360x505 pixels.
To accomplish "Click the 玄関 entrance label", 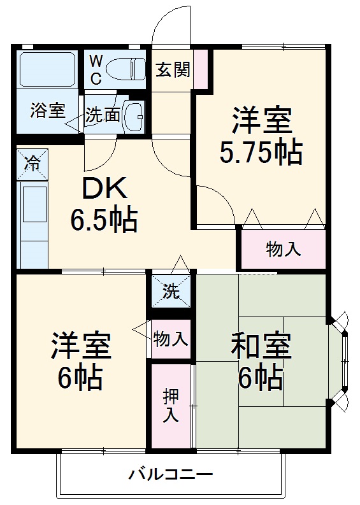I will tap(173, 69).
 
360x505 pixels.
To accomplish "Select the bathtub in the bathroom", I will tap(48, 69).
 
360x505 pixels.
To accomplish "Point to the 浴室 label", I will tap(48, 110).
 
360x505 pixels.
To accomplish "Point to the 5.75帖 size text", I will tap(261, 151).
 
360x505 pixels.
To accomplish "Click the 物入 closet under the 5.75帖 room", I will tap(283, 248).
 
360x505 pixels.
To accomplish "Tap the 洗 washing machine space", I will tap(171, 292).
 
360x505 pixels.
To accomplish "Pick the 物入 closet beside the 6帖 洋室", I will tap(171, 338).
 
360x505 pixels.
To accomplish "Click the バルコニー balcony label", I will tap(171, 474).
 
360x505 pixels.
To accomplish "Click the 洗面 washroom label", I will tap(102, 115).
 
